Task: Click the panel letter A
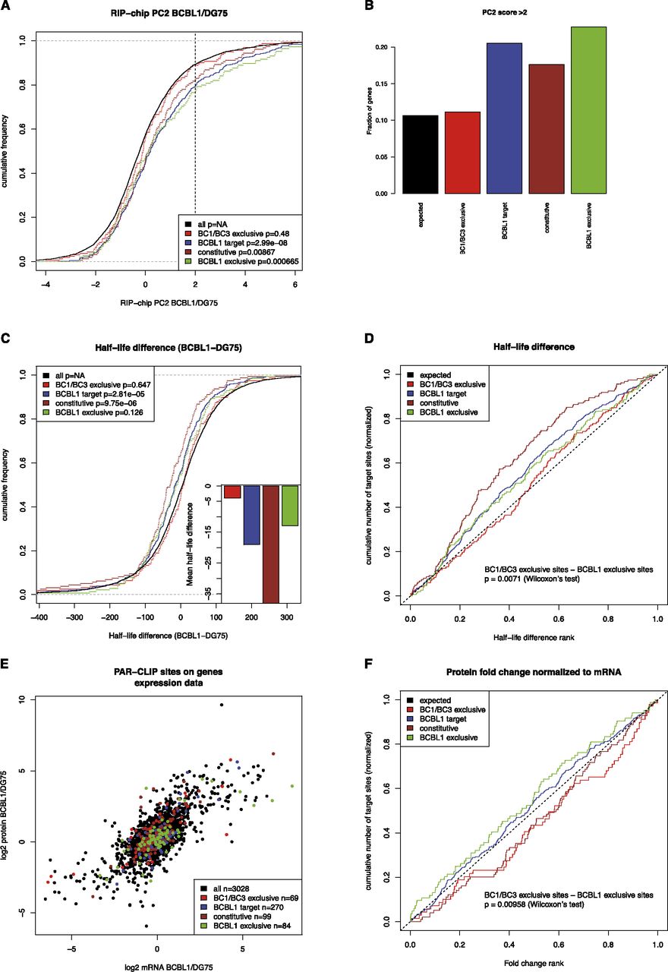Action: click(x=7, y=7)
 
